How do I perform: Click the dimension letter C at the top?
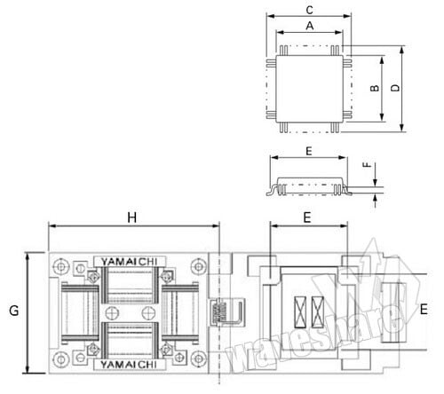pyautogui.click(x=309, y=10)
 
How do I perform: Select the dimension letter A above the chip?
pyautogui.click(x=310, y=26)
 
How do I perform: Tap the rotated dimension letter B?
pyautogui.click(x=375, y=88)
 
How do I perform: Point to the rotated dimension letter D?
pyautogui.click(x=395, y=88)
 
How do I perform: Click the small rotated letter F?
pyautogui.click(x=367, y=165)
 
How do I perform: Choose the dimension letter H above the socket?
pyautogui.click(x=132, y=217)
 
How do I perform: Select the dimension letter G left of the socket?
pyautogui.click(x=14, y=311)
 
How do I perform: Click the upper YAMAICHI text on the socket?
pyautogui.click(x=129, y=262)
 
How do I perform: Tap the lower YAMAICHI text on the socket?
pyautogui.click(x=129, y=365)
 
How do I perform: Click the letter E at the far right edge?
pyautogui.click(x=424, y=310)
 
